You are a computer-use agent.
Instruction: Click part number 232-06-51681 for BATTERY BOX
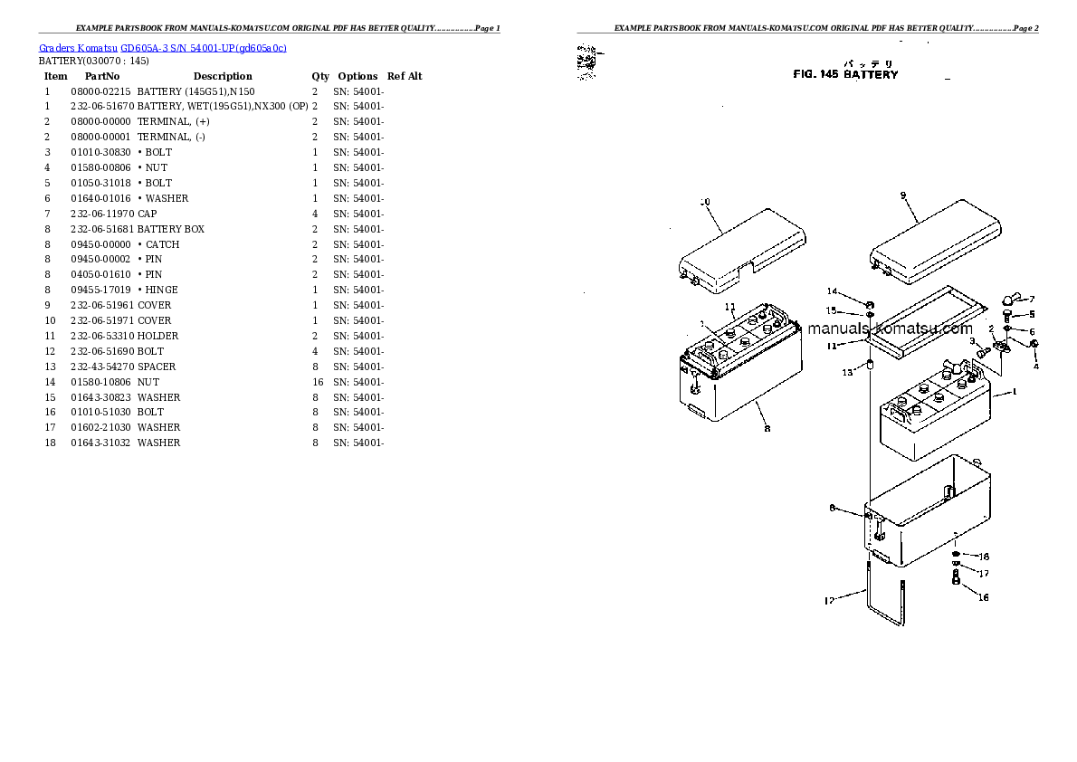[101, 229]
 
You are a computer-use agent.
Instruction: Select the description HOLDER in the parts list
[157, 336]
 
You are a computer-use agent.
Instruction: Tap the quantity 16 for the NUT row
[315, 382]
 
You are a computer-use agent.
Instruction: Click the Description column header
[223, 76]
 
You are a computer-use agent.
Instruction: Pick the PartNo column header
[102, 76]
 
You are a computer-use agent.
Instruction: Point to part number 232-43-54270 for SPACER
[101, 367]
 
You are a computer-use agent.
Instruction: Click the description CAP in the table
[147, 214]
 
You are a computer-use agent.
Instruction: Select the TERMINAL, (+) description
[173, 121]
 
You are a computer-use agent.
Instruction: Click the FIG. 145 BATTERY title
[845, 75]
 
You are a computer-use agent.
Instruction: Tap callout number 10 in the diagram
[706, 202]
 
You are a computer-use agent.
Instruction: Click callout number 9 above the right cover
[903, 195]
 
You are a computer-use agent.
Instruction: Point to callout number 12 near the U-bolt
[829, 600]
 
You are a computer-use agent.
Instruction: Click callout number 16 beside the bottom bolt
[983, 597]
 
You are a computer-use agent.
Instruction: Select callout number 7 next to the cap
[1031, 300]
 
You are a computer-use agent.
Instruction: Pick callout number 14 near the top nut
[832, 291]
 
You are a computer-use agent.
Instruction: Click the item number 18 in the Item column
[50, 443]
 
